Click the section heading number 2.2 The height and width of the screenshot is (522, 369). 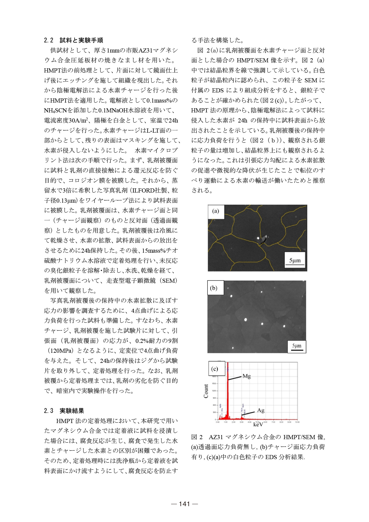point(49,40)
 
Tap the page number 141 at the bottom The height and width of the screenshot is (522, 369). point(184,504)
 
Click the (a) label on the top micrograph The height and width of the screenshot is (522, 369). point(216,211)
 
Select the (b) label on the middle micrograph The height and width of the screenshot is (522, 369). point(214,288)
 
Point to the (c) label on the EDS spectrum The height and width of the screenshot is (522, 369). point(215,369)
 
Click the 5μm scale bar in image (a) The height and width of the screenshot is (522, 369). point(295,261)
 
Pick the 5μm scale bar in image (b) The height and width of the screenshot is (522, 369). point(297,346)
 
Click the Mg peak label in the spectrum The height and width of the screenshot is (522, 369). point(247,376)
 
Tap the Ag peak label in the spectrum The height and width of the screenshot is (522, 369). point(261,410)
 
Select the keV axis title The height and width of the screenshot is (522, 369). point(258,424)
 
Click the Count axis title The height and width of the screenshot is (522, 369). point(206,391)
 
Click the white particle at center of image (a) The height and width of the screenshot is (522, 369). point(258,238)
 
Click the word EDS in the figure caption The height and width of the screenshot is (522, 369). point(271,457)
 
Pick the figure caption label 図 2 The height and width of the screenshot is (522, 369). point(197,437)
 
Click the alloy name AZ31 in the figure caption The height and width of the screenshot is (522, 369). point(216,437)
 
